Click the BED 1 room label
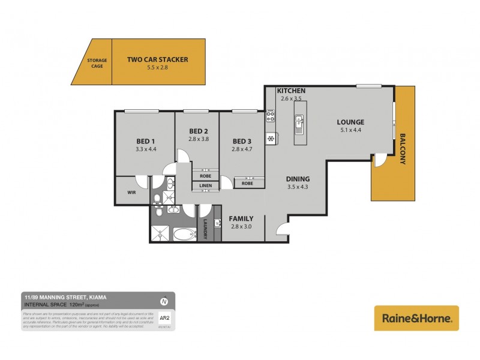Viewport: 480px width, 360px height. tap(146, 142)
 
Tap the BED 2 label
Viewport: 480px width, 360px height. tap(198, 131)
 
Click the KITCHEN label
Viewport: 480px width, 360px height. tap(291, 91)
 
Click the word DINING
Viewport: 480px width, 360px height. tap(298, 179)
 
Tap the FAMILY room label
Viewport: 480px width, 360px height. tap(241, 218)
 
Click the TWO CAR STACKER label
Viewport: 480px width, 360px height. tap(158, 59)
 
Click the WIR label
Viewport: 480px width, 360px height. tap(131, 193)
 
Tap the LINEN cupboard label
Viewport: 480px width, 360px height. tap(205, 185)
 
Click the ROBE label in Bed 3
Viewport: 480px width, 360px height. tap(247, 183)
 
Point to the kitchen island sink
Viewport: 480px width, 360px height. tap(298, 125)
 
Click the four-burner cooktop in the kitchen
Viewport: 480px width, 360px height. tap(270, 113)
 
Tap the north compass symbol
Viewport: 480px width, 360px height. tap(164, 301)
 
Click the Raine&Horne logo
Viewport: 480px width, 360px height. tap(416, 318)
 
